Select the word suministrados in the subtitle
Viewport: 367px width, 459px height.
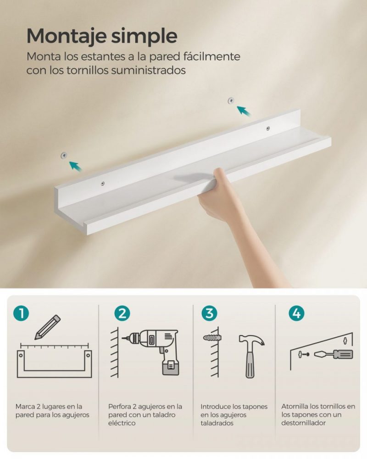click(152, 70)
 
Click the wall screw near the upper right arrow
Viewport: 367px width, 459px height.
click(231, 100)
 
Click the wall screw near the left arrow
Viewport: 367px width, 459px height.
click(64, 156)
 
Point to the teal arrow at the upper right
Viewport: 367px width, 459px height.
click(245, 111)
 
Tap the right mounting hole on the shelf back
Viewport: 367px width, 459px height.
click(268, 129)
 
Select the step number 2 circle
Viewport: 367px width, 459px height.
click(122, 313)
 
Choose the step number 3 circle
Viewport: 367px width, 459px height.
click(209, 313)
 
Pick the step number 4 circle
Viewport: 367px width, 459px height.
click(296, 313)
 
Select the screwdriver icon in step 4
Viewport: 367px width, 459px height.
click(336, 354)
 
